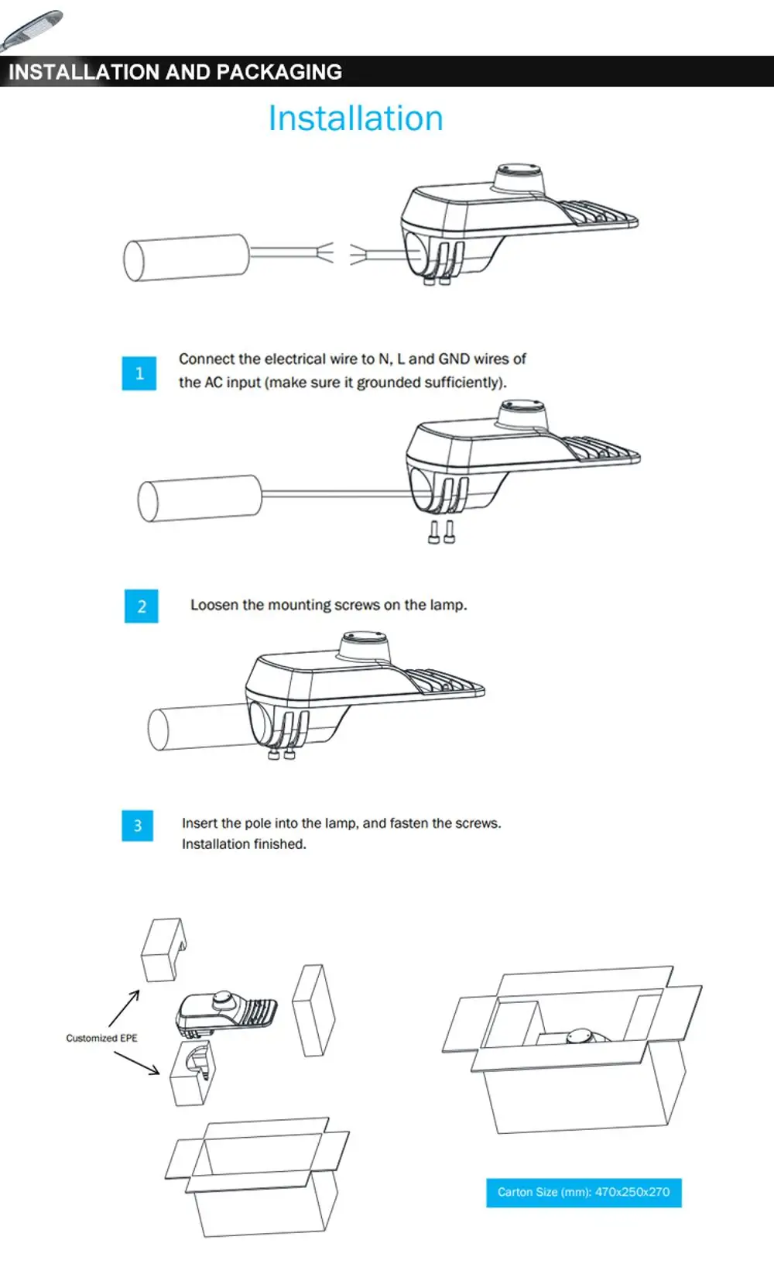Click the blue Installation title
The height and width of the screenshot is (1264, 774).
click(355, 118)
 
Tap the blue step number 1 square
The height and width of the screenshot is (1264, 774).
click(139, 373)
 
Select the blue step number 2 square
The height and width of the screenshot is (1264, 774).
click(142, 606)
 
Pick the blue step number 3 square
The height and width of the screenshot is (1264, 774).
click(138, 826)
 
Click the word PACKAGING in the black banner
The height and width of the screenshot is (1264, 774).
click(279, 72)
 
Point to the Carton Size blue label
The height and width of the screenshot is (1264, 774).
click(584, 1192)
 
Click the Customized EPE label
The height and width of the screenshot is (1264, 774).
click(101, 1038)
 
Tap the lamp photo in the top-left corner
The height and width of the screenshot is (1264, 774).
click(31, 29)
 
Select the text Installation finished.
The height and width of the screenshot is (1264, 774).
click(244, 844)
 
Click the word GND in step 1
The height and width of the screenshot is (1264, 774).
click(454, 359)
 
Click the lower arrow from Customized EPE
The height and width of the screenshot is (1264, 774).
click(138, 1063)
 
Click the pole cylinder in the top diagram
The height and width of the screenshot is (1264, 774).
click(186, 258)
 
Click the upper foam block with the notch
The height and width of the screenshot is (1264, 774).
click(163, 950)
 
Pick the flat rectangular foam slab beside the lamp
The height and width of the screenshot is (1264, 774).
click(313, 1009)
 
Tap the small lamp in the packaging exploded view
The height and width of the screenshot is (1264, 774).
click(226, 1012)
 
